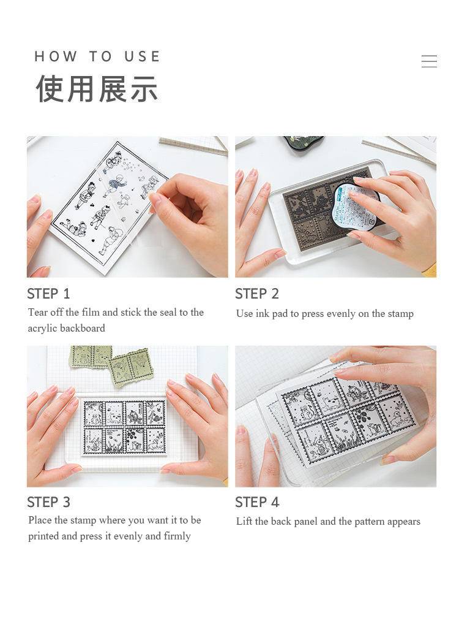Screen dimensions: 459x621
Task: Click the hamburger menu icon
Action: (x=429, y=61)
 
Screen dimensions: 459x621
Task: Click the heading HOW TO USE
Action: (x=97, y=56)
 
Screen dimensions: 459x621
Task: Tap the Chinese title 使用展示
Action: (x=97, y=89)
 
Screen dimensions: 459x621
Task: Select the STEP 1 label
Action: (x=48, y=294)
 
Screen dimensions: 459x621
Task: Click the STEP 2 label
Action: (x=257, y=294)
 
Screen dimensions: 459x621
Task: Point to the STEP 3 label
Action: (x=48, y=502)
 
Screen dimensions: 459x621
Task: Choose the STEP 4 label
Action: (x=257, y=502)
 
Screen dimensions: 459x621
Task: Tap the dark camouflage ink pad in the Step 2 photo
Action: (x=304, y=142)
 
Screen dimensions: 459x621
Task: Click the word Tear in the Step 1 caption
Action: (x=37, y=313)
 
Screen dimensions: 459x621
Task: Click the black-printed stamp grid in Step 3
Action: (x=124, y=427)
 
